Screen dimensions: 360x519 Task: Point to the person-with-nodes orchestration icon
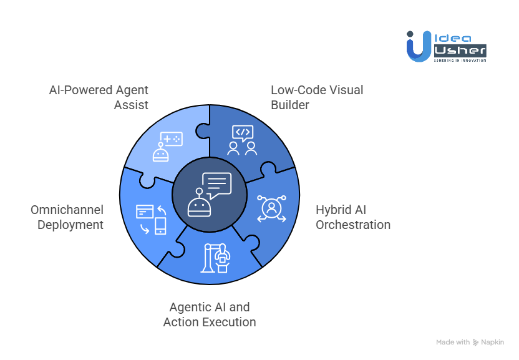tap(271, 208)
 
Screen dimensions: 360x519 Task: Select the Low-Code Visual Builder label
tap(316, 97)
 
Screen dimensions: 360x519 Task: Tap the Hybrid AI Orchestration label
tap(352, 217)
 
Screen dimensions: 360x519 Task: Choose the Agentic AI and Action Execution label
tap(210, 314)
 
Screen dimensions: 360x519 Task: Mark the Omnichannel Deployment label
tap(67, 217)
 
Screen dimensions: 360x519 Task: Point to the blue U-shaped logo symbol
tap(417, 47)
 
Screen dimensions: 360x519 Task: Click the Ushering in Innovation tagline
tap(460, 61)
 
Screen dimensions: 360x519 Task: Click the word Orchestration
tap(352, 225)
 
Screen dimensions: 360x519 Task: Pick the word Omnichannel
tap(67, 210)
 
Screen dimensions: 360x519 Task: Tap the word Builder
tap(289, 105)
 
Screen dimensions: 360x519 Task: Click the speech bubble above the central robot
tap(216, 185)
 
